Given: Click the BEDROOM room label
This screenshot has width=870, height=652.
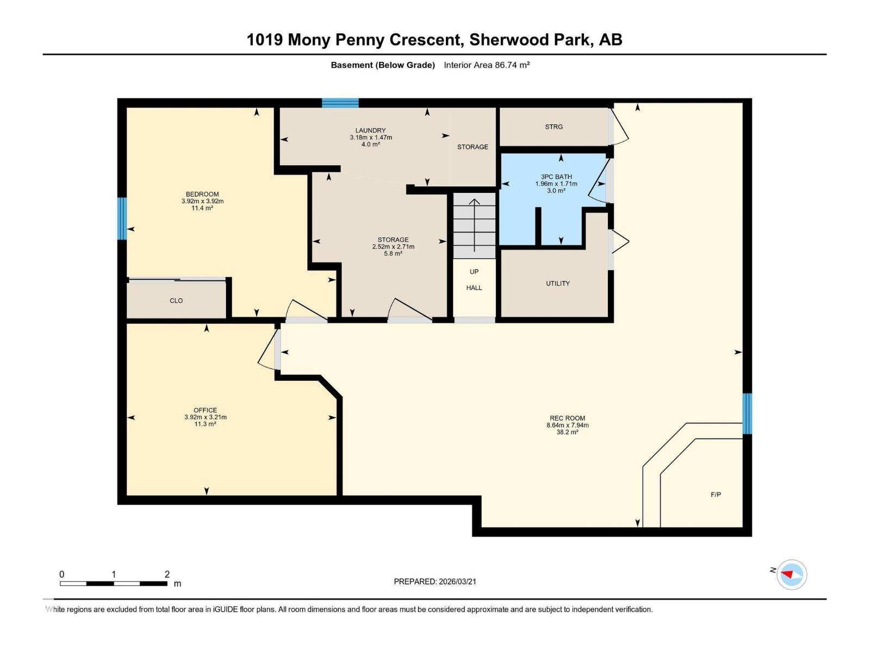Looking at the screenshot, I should coord(202,194).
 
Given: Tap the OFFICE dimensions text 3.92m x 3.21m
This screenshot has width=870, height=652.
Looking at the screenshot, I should coord(205,417).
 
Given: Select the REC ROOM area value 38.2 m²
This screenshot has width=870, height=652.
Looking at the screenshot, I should coord(567,432).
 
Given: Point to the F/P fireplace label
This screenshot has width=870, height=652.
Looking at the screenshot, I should coord(716,494).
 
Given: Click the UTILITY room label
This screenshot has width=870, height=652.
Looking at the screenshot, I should coord(558,283).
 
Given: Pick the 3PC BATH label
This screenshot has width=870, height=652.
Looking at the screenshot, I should coord(556,177).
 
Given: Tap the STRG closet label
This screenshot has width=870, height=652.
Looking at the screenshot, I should coord(554,127).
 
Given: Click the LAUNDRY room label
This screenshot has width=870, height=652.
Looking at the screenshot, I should coord(370,130).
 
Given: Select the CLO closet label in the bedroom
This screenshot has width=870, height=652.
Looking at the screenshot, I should coord(176,300).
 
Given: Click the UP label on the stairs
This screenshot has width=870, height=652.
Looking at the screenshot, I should coord(474,272).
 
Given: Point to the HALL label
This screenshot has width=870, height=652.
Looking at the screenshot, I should coord(474,288).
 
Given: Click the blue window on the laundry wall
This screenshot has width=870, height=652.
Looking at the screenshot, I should coord(340,103).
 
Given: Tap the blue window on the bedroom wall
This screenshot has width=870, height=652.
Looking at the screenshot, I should coord(122,218).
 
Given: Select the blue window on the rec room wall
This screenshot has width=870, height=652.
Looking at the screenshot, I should coord(747,413).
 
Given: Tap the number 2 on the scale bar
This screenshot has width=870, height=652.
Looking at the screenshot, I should coord(167,574).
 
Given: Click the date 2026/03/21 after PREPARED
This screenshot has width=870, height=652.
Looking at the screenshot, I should coord(457,581).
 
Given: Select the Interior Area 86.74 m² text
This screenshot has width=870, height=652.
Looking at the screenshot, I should coord(487,65).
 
